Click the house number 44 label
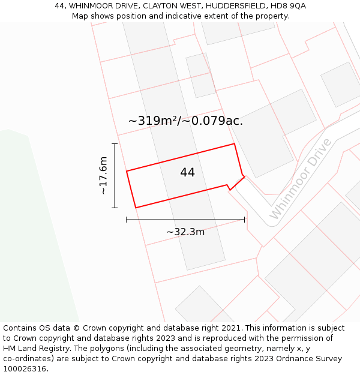pos(187,173)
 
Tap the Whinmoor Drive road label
pos(301,179)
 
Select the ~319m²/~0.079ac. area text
pos(185,121)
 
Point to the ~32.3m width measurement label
pos(185,232)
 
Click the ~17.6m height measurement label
pos(103,175)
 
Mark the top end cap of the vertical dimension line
pos(115,143)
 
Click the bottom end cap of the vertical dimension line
pos(115,208)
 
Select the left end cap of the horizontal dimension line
pos(127,220)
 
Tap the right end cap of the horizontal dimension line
pos(244,220)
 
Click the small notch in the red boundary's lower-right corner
pos(229,187)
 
